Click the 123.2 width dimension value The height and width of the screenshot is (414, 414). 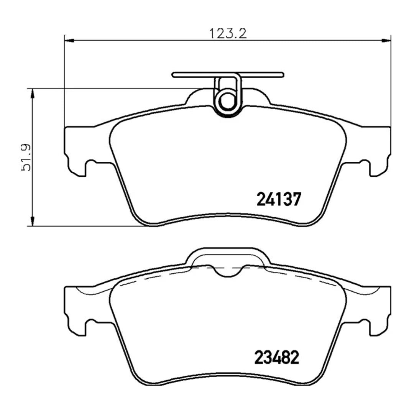(x=227, y=34)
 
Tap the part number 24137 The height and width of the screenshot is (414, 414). (x=276, y=199)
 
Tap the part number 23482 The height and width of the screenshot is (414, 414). (x=276, y=358)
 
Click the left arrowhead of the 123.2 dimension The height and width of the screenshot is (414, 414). (x=69, y=40)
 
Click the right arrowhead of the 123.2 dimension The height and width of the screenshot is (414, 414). (x=386, y=40)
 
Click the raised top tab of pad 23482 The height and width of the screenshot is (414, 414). (x=228, y=255)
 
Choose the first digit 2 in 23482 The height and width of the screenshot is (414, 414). (x=259, y=358)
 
